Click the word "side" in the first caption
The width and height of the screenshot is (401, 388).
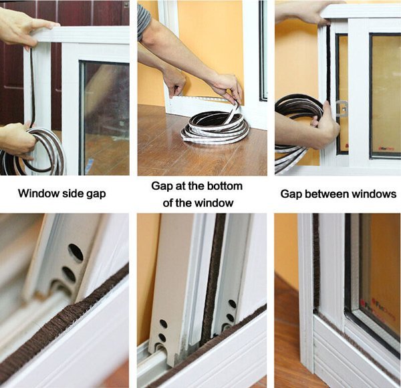[x=74, y=194]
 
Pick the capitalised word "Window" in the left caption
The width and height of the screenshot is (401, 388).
[x=39, y=194]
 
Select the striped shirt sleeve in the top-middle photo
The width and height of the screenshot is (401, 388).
[x=144, y=20]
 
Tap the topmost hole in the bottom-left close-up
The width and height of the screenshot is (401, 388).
[x=76, y=252]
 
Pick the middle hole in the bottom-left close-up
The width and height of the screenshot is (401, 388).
[x=69, y=274]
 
